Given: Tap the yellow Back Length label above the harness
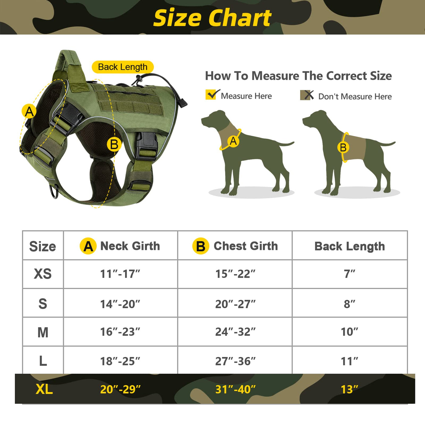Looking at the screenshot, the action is [123, 67].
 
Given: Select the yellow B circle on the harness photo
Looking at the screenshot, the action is [114, 144].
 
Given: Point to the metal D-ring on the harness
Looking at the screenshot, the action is [54, 191].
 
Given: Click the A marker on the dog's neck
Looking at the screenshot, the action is [233, 141].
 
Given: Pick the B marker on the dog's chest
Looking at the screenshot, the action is [343, 147].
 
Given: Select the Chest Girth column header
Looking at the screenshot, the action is [235, 246].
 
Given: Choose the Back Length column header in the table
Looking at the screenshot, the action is [350, 246].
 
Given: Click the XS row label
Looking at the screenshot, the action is [42, 274].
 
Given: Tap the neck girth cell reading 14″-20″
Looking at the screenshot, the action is [120, 304].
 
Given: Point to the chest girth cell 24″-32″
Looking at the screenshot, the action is [235, 332].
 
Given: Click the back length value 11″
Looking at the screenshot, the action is [349, 361].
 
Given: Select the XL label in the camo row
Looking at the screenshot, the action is [44, 389].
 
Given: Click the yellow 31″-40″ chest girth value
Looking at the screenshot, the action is [235, 389].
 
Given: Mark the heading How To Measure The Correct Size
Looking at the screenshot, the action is [298, 76].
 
